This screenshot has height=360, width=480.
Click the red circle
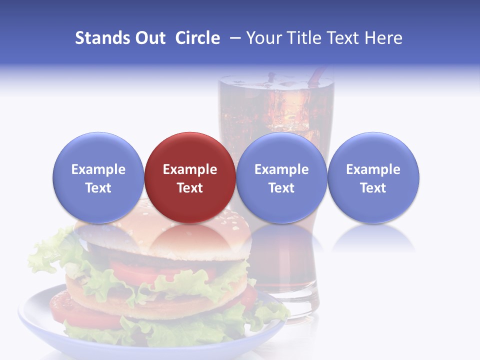pyautogui.click(x=189, y=177)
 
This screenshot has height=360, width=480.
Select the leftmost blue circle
pyautogui.click(x=98, y=177)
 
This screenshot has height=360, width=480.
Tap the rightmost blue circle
pyautogui.click(x=373, y=177)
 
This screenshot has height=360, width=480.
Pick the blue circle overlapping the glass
pyautogui.click(x=281, y=177)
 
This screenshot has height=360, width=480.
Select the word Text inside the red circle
pyautogui.click(x=189, y=188)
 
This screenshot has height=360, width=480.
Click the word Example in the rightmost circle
pyautogui.click(x=373, y=169)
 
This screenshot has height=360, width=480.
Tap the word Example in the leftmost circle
pyautogui.click(x=98, y=169)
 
